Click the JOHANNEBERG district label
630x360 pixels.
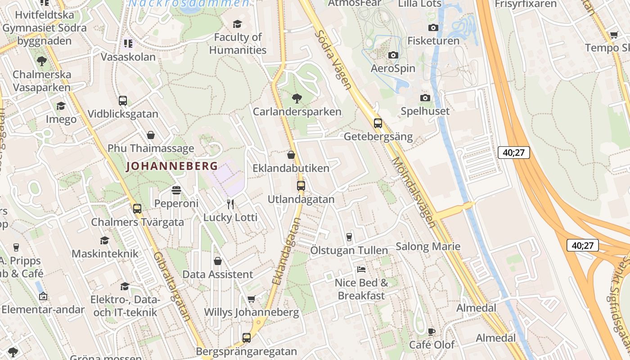(172, 166)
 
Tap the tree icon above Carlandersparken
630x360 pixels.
(297, 98)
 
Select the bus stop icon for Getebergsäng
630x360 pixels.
(378, 123)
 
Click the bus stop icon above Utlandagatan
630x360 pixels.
(301, 185)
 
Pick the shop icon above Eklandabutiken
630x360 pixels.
(291, 155)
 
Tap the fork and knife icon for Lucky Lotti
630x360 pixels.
(230, 204)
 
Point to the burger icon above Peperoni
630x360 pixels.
(176, 190)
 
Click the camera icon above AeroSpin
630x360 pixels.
(393, 55)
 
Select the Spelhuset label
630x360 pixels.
(425, 111)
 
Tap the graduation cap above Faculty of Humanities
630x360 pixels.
(237, 24)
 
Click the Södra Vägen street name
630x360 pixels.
(333, 59)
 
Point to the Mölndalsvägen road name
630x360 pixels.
(414, 192)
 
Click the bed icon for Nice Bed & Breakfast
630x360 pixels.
(361, 270)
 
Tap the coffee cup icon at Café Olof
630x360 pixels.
(431, 332)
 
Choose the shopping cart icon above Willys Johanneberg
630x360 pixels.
(251, 299)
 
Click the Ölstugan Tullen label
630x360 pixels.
(349, 250)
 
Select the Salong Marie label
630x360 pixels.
(428, 246)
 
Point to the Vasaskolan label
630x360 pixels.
(128, 57)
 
